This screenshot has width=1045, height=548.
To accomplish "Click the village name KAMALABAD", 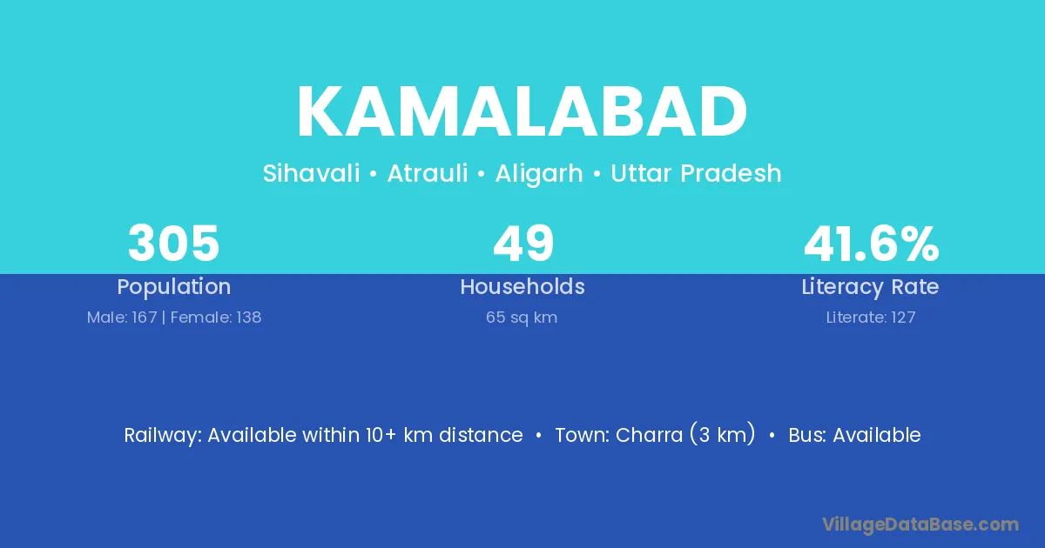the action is [x=522, y=112].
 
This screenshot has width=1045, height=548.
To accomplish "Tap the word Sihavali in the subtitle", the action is [x=311, y=173].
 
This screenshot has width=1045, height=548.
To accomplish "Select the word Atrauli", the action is [x=428, y=173].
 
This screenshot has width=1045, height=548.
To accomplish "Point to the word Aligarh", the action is [x=539, y=174].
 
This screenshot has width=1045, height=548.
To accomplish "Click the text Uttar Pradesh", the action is [x=696, y=173].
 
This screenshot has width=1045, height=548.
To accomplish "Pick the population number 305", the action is [x=173, y=244].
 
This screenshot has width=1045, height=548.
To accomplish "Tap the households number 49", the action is [x=523, y=244].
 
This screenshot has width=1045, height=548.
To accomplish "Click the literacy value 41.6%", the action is [x=872, y=244].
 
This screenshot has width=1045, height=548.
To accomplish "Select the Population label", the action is [x=174, y=287].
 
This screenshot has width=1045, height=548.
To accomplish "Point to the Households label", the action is [x=522, y=286].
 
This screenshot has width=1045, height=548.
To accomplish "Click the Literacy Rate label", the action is [x=871, y=287].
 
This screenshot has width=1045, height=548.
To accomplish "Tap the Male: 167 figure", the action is [x=122, y=317].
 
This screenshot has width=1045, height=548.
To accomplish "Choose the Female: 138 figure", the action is [x=216, y=317].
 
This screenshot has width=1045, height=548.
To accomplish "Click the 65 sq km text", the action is [x=522, y=317].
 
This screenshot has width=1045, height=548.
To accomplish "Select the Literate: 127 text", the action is [x=871, y=317].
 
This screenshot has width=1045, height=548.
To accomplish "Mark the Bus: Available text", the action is [x=854, y=435].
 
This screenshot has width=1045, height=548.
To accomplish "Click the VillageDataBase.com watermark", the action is [x=920, y=525].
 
